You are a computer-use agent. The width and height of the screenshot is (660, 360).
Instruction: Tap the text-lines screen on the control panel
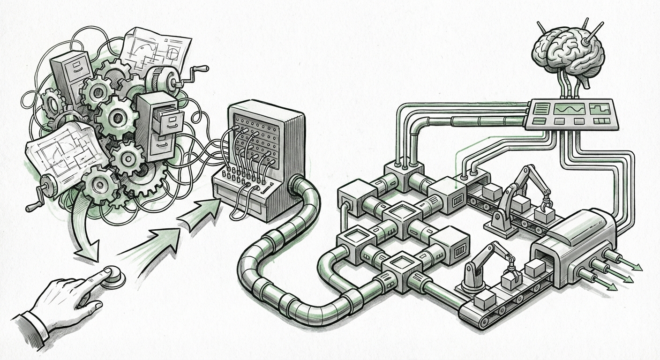540,109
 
